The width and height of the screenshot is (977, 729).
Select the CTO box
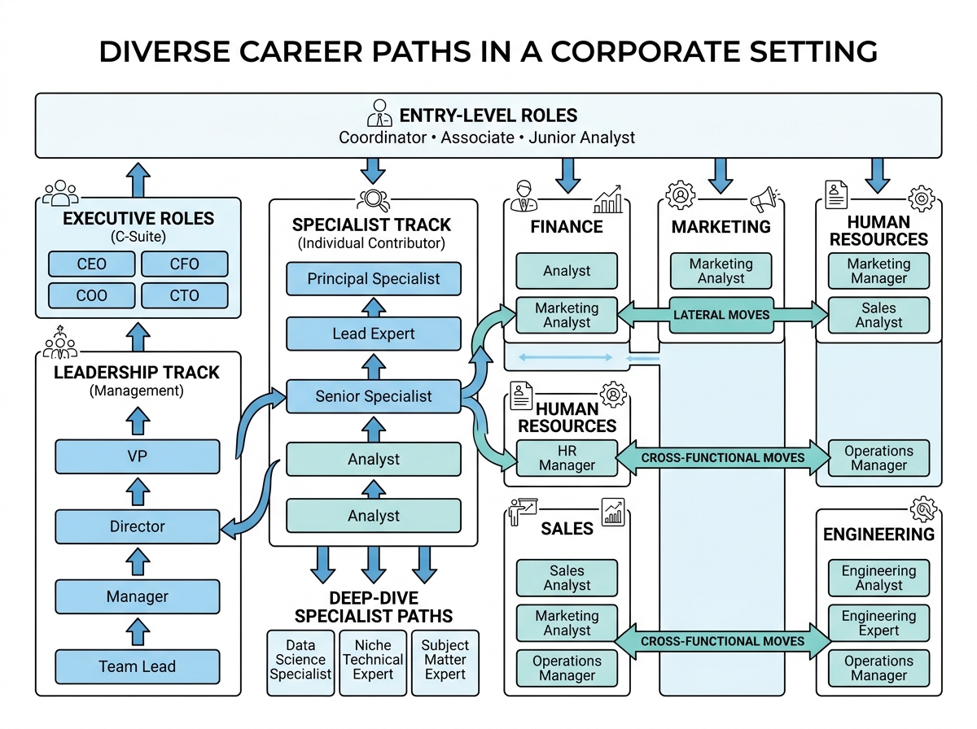coord(184,295)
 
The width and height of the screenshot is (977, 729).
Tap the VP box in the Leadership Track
coord(137,456)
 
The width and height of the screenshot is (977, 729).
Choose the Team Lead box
coord(137,666)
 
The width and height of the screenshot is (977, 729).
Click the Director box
coord(137,526)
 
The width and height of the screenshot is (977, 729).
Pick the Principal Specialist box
coord(374,278)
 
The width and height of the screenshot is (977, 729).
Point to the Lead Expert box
coord(374,334)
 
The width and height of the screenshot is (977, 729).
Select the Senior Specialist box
coord(374,396)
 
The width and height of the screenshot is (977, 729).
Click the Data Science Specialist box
coord(300,660)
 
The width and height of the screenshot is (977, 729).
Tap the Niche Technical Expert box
coord(373,660)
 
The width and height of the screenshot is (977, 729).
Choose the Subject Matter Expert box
coord(445,660)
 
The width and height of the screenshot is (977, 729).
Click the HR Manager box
coord(567,458)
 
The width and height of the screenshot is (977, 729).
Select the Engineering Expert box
coord(878,623)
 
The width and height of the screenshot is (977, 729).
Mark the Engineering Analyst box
coord(878,578)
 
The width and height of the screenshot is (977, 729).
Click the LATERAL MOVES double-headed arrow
coord(721,315)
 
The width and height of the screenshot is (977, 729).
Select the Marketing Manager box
coord(878,271)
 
